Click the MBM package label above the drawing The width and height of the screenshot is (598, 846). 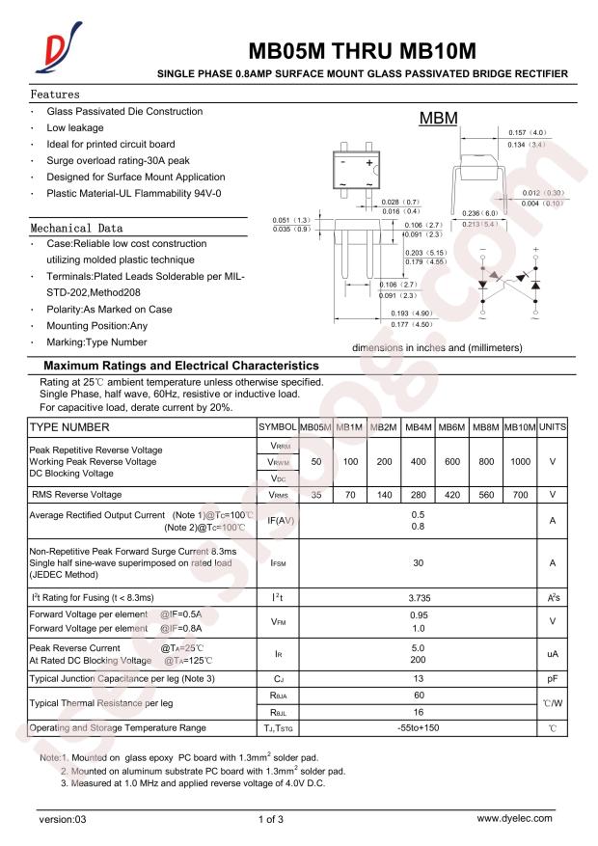click(x=438, y=120)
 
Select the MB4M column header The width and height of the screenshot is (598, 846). click(x=418, y=426)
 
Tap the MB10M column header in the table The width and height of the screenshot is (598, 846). click(x=520, y=426)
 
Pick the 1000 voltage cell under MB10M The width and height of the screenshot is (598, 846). click(x=520, y=462)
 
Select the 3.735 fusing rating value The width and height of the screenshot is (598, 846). click(x=418, y=599)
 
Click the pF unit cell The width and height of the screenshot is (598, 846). click(x=553, y=679)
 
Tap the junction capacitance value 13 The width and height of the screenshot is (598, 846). click(x=418, y=679)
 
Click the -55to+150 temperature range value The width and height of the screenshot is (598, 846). click(x=418, y=726)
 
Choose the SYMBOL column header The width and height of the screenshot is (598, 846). click(x=276, y=426)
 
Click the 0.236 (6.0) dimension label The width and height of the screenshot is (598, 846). click(x=479, y=213)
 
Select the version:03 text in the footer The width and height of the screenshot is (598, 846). click(x=63, y=819)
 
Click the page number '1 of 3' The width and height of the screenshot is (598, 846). click(x=271, y=819)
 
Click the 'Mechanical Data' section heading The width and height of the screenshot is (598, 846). click(x=76, y=229)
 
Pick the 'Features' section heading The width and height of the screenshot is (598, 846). click(x=55, y=96)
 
